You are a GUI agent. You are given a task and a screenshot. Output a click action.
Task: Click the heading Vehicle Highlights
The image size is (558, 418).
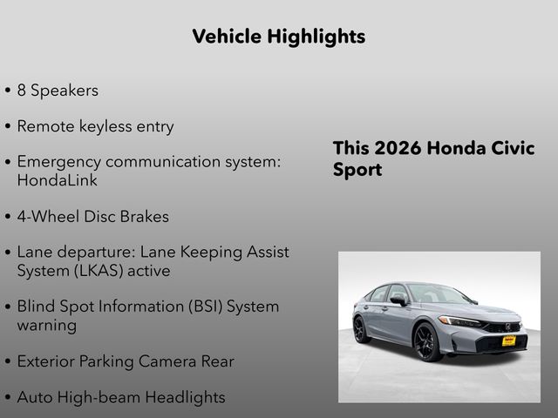point(278,37)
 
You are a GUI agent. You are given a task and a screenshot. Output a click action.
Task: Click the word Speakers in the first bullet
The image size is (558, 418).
point(64,91)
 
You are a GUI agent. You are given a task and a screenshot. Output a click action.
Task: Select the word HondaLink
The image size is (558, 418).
point(58,180)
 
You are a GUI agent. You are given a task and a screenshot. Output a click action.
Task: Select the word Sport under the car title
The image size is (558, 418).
point(357,170)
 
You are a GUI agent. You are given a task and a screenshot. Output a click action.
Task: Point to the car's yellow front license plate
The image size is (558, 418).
point(508,340)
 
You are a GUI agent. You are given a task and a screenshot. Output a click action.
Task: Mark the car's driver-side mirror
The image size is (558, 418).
point(399,300)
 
